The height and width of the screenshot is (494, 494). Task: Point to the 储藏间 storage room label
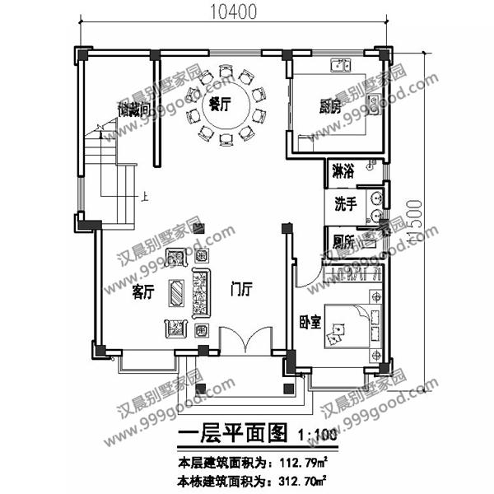133,109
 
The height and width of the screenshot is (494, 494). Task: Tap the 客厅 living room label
143,291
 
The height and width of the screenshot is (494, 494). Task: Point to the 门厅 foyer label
241,291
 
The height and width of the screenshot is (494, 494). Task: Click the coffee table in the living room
176,292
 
